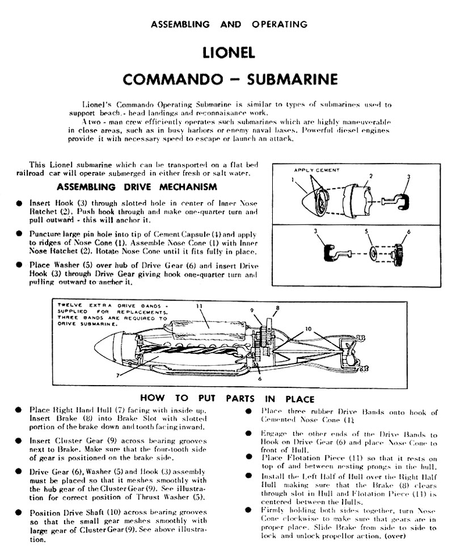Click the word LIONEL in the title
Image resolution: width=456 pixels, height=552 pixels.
[229, 53]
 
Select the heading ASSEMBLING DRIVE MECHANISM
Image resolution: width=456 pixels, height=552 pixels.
[137, 187]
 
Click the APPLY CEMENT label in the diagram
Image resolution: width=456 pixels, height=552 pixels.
[317, 170]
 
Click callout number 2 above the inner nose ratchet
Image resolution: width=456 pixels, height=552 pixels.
[371, 177]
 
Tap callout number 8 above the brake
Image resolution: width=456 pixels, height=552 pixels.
[278, 308]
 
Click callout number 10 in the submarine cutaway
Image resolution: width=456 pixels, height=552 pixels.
[308, 328]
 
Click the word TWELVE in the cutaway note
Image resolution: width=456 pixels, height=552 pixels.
[68, 306]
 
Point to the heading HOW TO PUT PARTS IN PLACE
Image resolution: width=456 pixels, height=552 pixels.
[227, 399]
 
